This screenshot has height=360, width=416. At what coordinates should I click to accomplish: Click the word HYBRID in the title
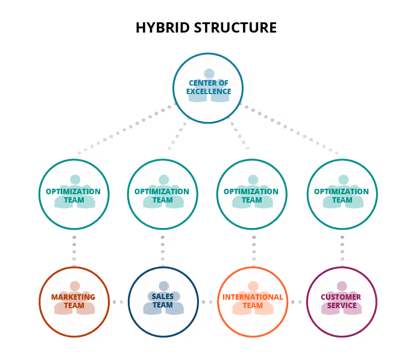pyautogui.click(x=159, y=28)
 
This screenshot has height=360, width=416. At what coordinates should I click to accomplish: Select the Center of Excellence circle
pyautogui.click(x=208, y=89)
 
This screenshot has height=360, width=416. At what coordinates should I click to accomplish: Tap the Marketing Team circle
pyautogui.click(x=74, y=302)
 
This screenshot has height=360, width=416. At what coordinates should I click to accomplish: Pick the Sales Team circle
pyautogui.click(x=163, y=302)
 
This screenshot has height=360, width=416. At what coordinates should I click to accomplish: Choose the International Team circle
pyautogui.click(x=252, y=302)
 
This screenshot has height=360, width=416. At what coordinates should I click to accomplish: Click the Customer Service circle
pyautogui.click(x=341, y=302)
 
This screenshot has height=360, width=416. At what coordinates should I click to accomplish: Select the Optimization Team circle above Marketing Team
pyautogui.click(x=74, y=195)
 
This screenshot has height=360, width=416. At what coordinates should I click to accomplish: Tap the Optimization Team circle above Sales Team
pyautogui.click(x=162, y=195)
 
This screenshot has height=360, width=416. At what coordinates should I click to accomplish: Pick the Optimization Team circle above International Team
pyautogui.click(x=251, y=195)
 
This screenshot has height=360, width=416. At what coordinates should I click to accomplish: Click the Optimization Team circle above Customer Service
pyautogui.click(x=342, y=195)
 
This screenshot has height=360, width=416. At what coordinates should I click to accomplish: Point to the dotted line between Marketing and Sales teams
pyautogui.click(x=118, y=302)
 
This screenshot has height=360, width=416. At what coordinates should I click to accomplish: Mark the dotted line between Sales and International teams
pyautogui.click(x=207, y=302)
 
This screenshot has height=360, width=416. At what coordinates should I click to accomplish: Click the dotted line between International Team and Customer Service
pyautogui.click(x=297, y=302)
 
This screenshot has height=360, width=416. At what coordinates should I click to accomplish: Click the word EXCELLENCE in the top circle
pyautogui.click(x=208, y=92)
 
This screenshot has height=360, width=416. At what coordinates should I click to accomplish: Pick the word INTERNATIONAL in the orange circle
pyautogui.click(x=252, y=297)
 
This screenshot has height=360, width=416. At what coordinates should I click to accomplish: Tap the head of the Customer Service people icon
pyautogui.click(x=342, y=286)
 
